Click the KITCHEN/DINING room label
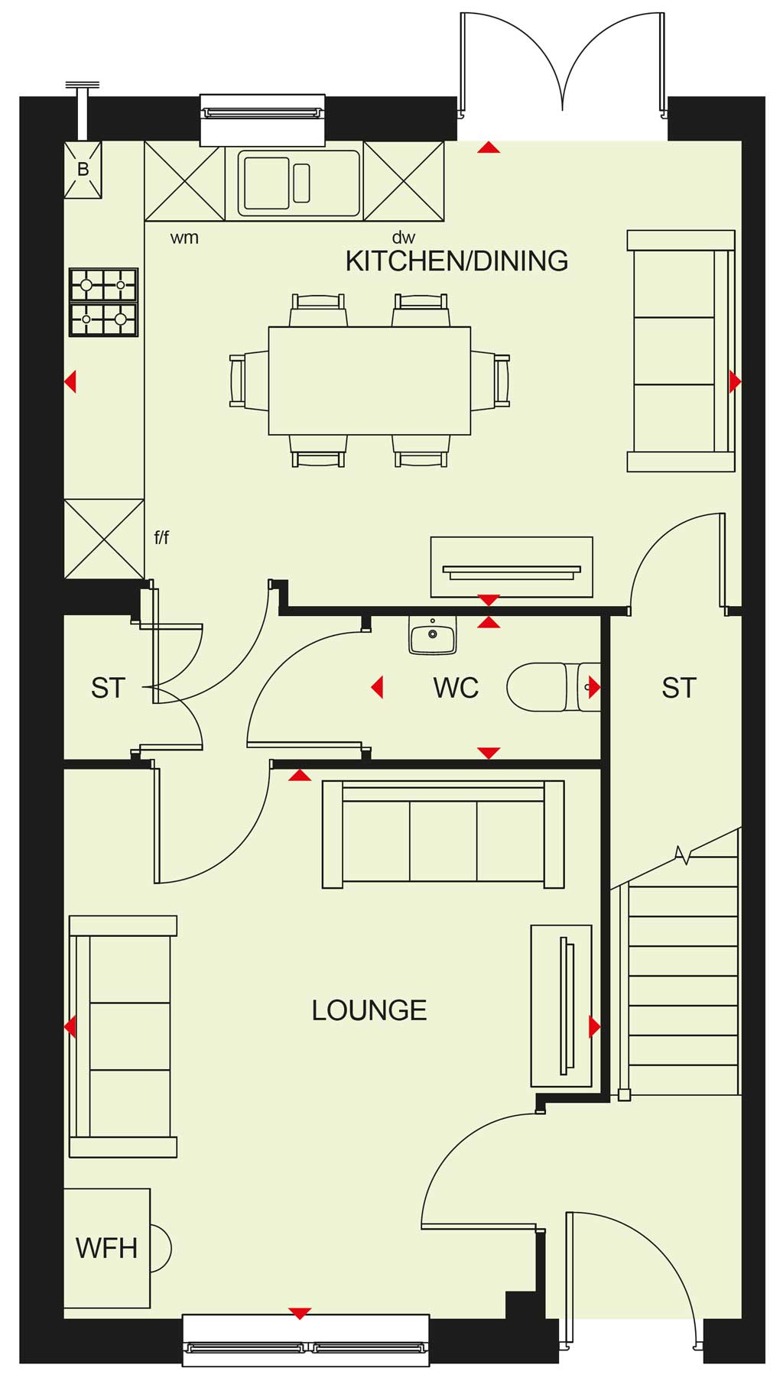[x=456, y=261]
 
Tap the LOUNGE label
[x=369, y=1010]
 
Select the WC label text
[x=456, y=688]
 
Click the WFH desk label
[x=106, y=1248]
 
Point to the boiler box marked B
[x=83, y=170]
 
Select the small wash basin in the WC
[x=433, y=636]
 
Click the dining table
[x=369, y=381]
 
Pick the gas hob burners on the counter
[x=103, y=303]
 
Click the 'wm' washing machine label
[x=184, y=238]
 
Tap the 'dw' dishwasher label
[x=403, y=237]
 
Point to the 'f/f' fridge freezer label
[x=161, y=537]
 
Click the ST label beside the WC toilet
[x=679, y=688]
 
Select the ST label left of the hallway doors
[x=108, y=688]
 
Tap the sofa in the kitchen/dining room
[x=681, y=351]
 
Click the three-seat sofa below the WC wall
[x=443, y=835]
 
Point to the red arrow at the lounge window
[x=300, y=1313]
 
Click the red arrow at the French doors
[x=489, y=147]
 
